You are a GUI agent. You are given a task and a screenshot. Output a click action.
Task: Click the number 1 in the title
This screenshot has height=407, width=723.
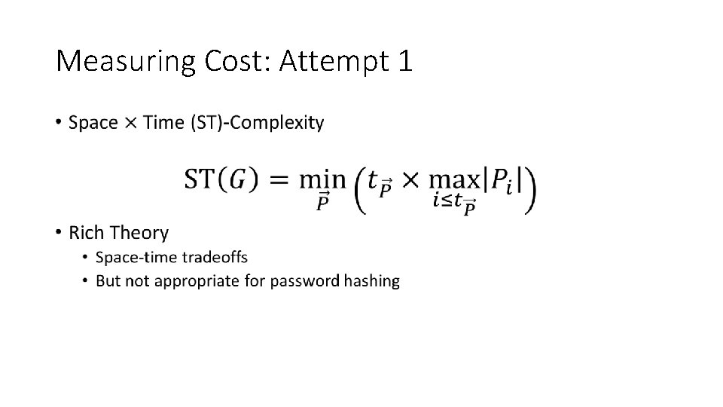pyautogui.click(x=404, y=60)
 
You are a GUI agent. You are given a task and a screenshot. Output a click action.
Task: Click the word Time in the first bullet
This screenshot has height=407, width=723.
pyautogui.click(x=163, y=122)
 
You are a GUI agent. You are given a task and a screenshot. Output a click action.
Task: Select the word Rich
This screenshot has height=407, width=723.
pyautogui.click(x=88, y=232)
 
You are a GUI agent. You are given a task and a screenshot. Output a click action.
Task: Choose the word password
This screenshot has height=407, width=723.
pyautogui.click(x=304, y=281)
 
